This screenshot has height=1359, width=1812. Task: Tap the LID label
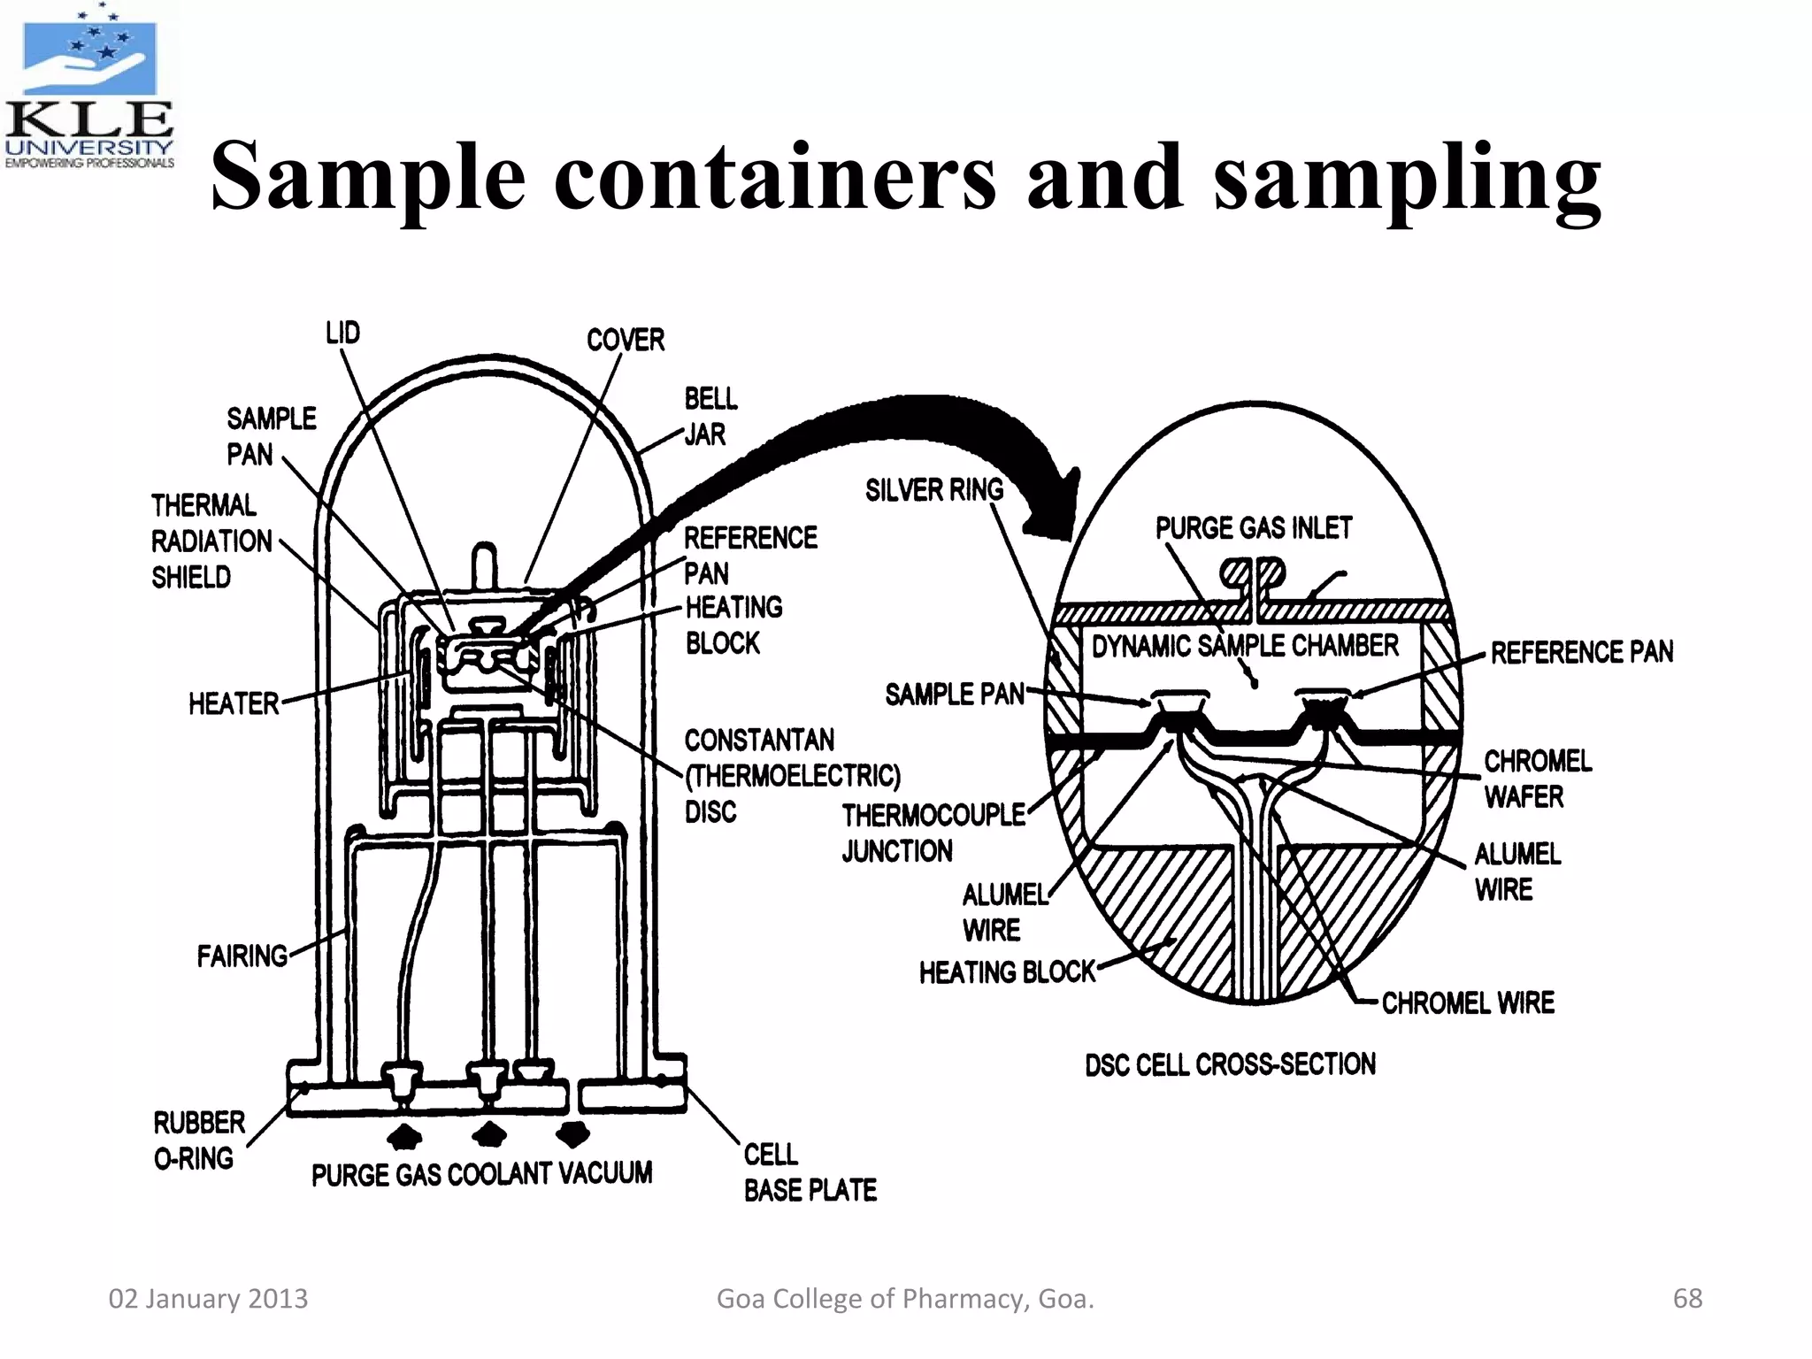coord(342,334)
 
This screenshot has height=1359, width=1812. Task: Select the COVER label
coord(625,340)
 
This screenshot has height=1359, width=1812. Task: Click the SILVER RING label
coord(933,490)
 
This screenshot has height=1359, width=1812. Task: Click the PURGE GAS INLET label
coord(1253,528)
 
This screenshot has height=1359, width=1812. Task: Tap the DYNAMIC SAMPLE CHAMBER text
coord(1244,647)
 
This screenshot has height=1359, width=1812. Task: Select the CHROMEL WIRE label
coord(1467,1003)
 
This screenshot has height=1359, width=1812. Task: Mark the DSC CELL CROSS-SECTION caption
coord(1230,1064)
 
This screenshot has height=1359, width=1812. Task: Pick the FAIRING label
coord(242,956)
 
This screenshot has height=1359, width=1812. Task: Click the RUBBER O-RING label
coord(198,1140)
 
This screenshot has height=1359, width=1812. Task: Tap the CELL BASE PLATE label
coord(809,1173)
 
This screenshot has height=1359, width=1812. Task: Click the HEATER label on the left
coord(234,704)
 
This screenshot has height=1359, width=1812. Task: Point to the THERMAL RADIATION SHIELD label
coord(211,541)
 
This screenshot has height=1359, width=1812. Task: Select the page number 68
coord(1686,1298)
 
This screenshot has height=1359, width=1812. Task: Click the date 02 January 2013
coord(208,1298)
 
